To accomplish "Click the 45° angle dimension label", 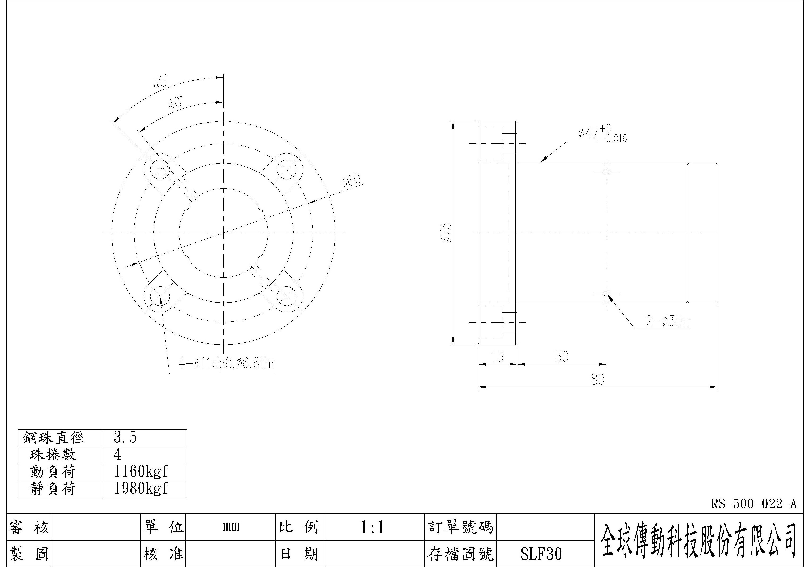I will click(x=161, y=82).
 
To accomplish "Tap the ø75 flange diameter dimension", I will click(x=446, y=233).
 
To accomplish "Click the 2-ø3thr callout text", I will click(x=668, y=321).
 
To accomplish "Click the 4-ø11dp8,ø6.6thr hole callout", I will click(x=227, y=363).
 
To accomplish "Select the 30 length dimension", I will click(x=562, y=357).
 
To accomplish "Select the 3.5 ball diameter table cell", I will click(x=125, y=437).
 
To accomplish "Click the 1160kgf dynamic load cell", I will click(x=140, y=471).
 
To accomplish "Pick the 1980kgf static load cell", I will click(x=140, y=489).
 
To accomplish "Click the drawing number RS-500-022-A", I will click(x=753, y=504).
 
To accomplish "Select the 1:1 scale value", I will click(x=372, y=528).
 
